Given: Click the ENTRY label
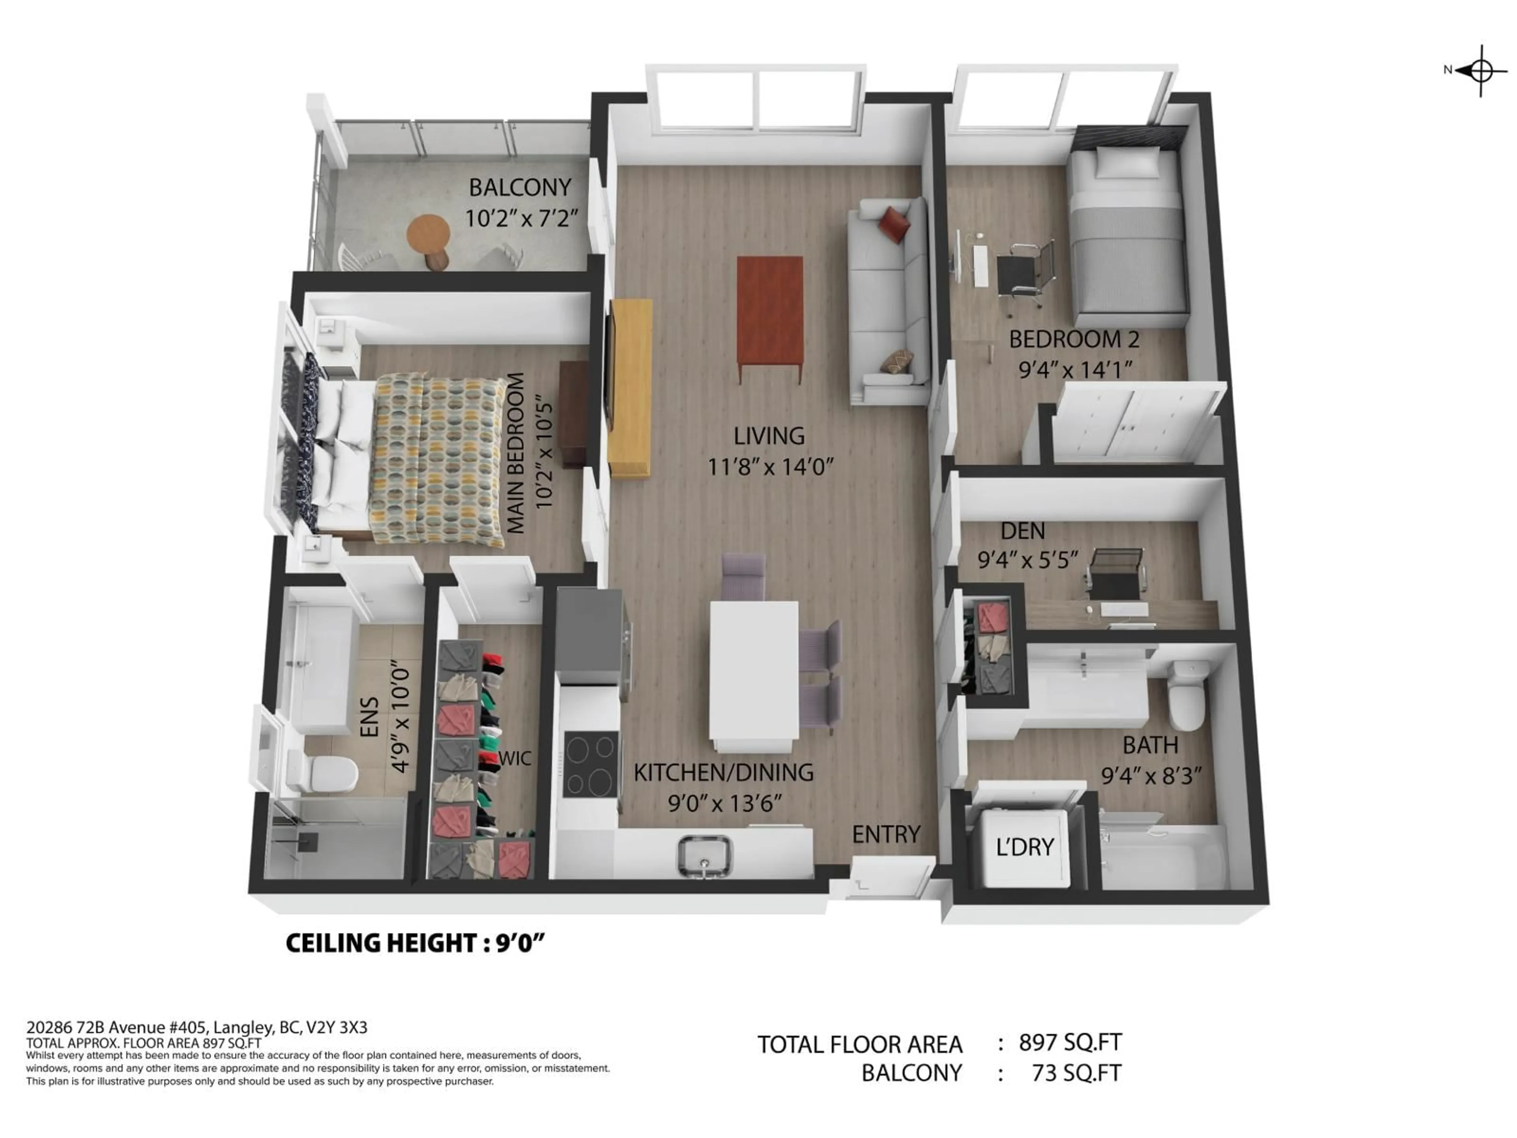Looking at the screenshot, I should pos(886,834).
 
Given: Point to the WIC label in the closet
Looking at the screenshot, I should pos(514,758).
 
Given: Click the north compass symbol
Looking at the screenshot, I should pos(1481,70).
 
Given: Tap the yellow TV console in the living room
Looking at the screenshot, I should pos(630,388).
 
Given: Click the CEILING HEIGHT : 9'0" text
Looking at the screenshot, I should pos(414,943).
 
